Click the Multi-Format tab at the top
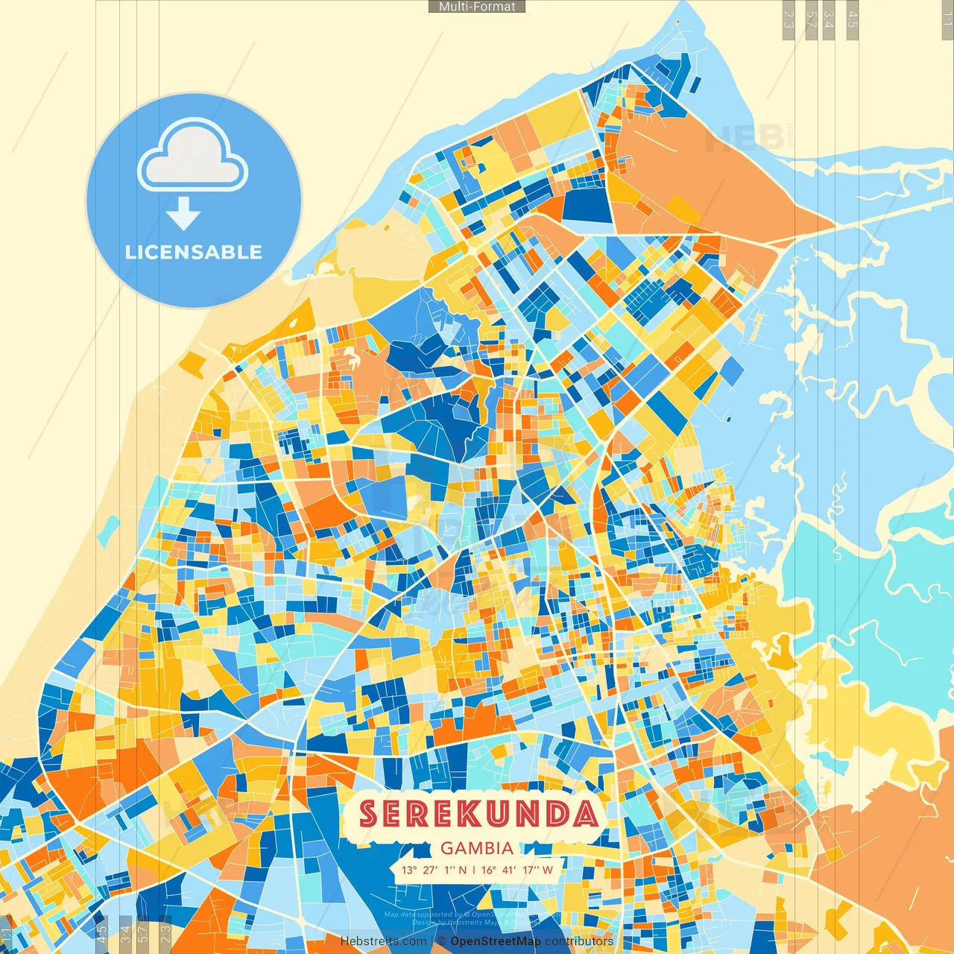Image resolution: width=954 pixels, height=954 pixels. (477, 7)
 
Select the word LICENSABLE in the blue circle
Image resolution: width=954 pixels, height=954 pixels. (194, 252)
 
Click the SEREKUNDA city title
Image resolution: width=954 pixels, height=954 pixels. (478, 814)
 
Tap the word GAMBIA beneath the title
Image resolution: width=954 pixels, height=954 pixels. (477, 848)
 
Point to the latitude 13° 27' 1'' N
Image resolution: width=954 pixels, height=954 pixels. (434, 870)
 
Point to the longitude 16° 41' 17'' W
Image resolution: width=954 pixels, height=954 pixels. (517, 870)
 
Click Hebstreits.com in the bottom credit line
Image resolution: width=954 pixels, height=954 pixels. (383, 941)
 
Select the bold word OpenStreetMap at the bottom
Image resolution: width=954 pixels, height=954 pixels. (496, 941)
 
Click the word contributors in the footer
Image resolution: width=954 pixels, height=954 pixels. (579, 941)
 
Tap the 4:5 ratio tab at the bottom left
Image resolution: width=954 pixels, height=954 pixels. (102, 933)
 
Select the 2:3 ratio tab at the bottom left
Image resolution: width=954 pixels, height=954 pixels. (165, 933)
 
